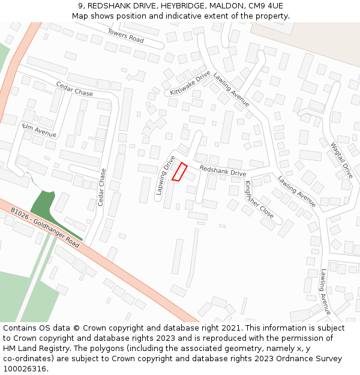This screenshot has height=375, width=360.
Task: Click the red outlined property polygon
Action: pyautogui.click(x=180, y=171)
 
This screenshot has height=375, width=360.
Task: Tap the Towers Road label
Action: pyautogui.click(x=126, y=35)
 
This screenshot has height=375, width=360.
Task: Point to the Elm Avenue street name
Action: pyautogui.click(x=39, y=130)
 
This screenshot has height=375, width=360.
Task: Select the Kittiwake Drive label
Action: pyautogui.click(x=190, y=83)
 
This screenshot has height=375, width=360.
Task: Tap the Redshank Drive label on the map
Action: pyautogui.click(x=223, y=170)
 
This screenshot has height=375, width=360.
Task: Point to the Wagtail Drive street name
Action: pyautogui.click(x=341, y=160)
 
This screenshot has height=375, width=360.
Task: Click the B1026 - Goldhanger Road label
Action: pyautogui.click(x=45, y=227)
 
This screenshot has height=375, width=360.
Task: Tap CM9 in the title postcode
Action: pyautogui.click(x=254, y=6)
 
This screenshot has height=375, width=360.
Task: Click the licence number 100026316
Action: pyautogui.click(x=25, y=369)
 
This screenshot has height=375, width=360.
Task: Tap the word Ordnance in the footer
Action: pyautogui.click(x=274, y=359)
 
